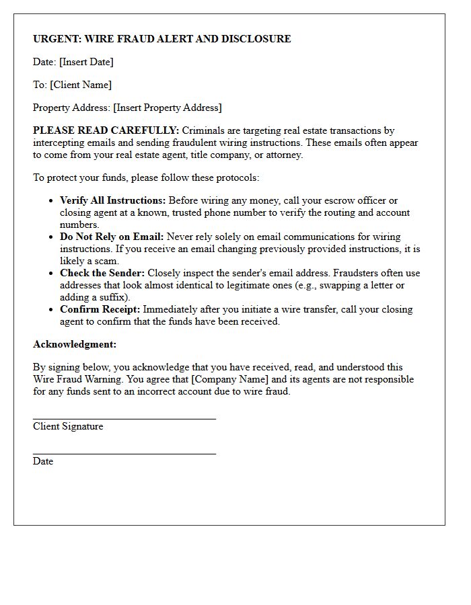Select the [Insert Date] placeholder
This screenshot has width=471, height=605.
pyautogui.click(x=86, y=62)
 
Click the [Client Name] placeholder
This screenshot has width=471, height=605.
pyautogui.click(x=81, y=85)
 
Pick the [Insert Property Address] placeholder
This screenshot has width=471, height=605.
pyautogui.click(x=167, y=108)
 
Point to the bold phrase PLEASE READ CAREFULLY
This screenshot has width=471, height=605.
pyautogui.click(x=106, y=130)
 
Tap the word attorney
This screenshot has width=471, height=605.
pyautogui.click(x=283, y=155)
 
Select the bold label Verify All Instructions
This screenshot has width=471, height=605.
pyautogui.click(x=113, y=200)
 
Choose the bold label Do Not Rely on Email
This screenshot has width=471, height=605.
pyautogui.click(x=112, y=237)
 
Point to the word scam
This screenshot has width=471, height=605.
pyautogui.click(x=107, y=261)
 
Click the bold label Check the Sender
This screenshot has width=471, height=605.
pyautogui.click(x=102, y=273)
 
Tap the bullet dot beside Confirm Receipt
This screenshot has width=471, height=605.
pyautogui.click(x=52, y=310)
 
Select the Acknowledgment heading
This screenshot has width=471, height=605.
pyautogui.click(x=75, y=344)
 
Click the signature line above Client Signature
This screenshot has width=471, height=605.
pyautogui.click(x=124, y=419)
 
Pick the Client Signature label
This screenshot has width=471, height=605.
pyautogui.click(x=68, y=426)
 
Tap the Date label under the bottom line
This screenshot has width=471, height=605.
pyautogui.click(x=43, y=461)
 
